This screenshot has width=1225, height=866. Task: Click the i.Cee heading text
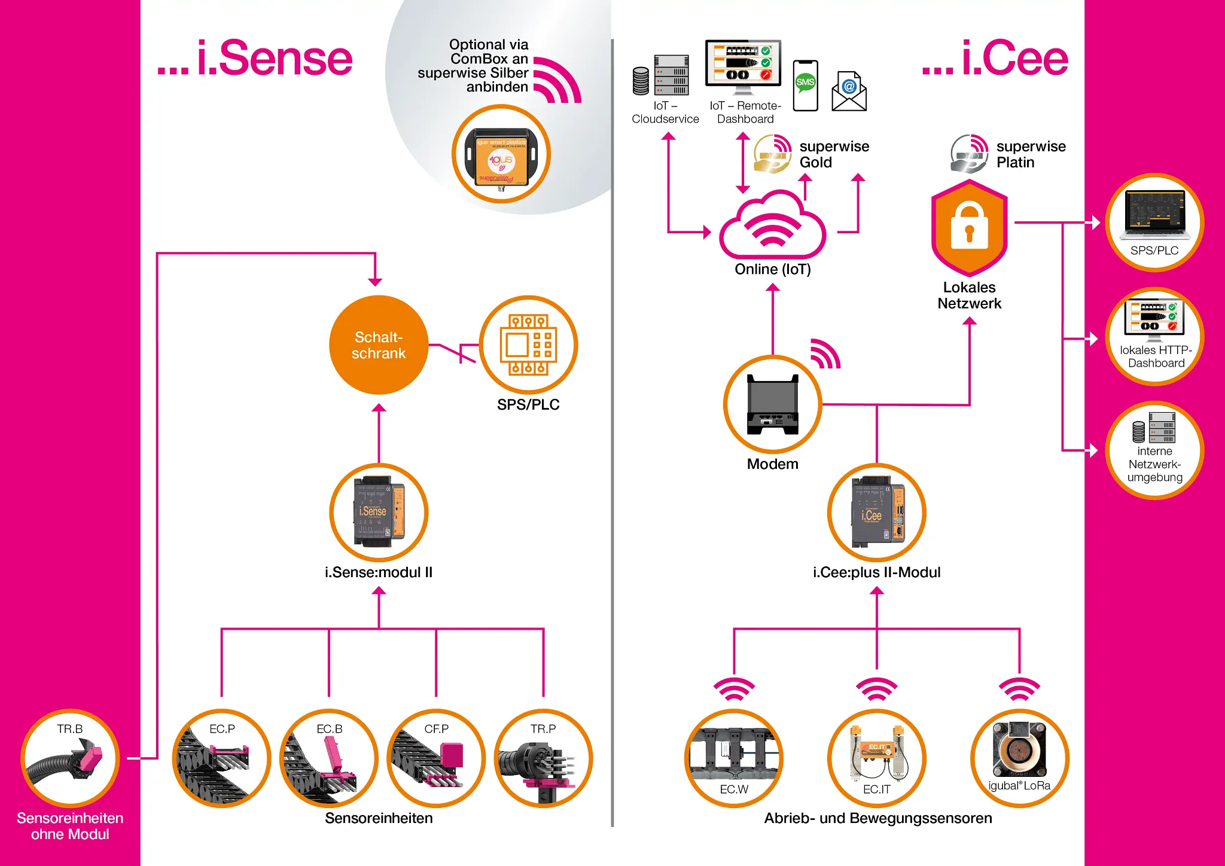click(995, 59)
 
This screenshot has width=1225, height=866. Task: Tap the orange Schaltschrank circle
click(379, 345)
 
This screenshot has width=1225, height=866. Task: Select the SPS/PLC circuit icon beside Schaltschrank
click(528, 345)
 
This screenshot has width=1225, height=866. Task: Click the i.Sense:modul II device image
click(379, 512)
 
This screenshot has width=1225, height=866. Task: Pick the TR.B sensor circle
click(70, 758)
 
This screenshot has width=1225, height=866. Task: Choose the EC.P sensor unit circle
click(222, 758)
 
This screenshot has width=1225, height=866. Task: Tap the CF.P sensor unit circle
click(436, 758)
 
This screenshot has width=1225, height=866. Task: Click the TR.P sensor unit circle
click(543, 758)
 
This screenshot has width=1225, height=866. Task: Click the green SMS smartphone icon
click(805, 85)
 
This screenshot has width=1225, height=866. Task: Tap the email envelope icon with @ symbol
click(849, 91)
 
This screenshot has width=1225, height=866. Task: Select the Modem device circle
click(772, 405)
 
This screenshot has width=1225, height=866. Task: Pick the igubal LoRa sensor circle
click(1019, 758)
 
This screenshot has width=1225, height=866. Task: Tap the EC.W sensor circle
click(734, 758)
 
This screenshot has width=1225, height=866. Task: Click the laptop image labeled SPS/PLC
click(1154, 214)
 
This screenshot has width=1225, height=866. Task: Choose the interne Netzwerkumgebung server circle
click(1154, 450)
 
